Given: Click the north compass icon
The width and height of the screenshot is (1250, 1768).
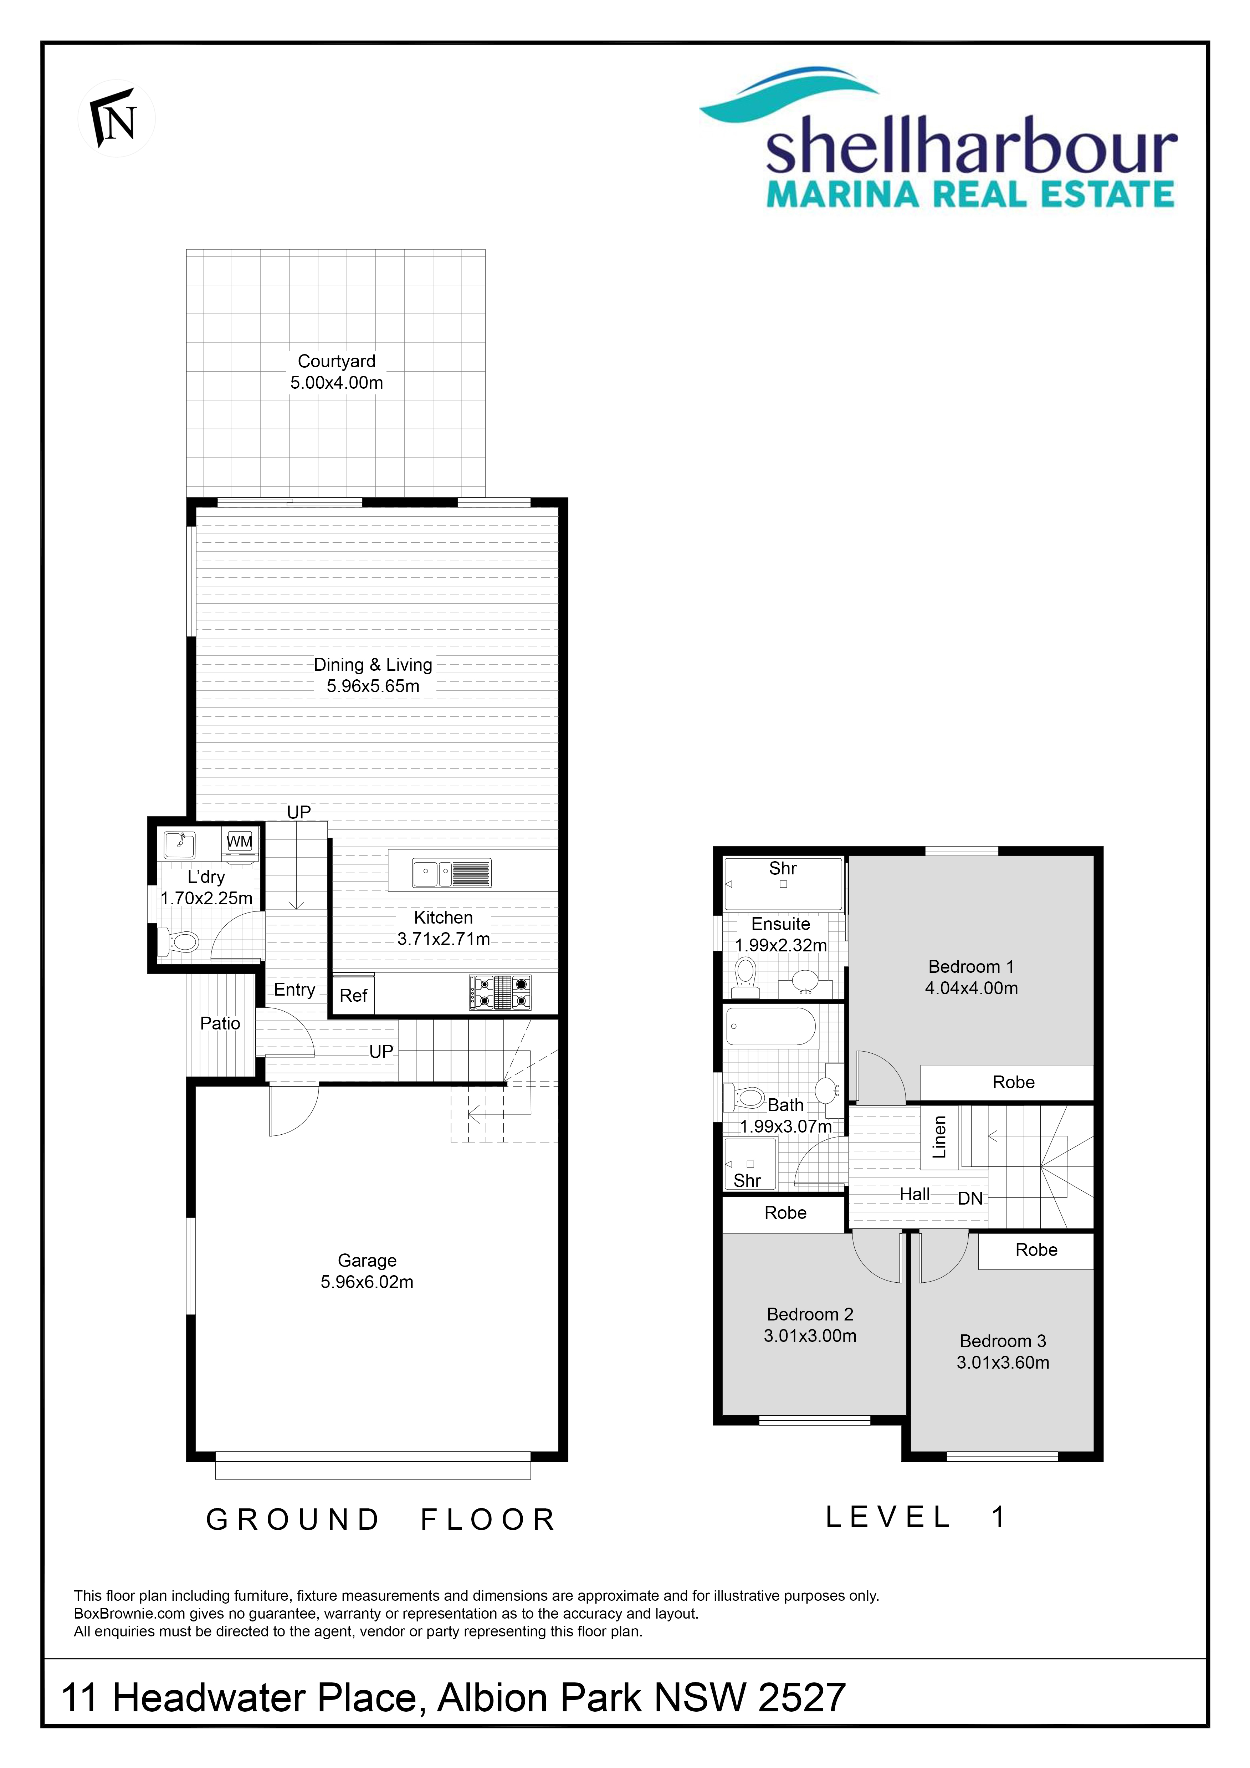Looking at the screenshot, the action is (116, 119).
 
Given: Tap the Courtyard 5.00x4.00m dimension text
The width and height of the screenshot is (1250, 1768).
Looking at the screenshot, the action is (336, 383).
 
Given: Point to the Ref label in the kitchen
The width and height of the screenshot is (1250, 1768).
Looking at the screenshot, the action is (353, 996).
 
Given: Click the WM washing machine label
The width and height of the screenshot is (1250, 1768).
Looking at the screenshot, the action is (239, 842).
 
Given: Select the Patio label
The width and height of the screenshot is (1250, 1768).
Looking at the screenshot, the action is (220, 1023).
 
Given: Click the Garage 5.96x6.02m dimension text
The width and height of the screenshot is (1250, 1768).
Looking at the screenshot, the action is (367, 1282).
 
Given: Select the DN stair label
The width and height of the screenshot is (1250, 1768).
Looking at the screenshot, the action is (970, 1199).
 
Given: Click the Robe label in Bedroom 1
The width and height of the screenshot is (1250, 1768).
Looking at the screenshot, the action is (1014, 1083).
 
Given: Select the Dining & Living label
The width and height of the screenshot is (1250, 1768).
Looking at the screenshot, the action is (373, 665).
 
